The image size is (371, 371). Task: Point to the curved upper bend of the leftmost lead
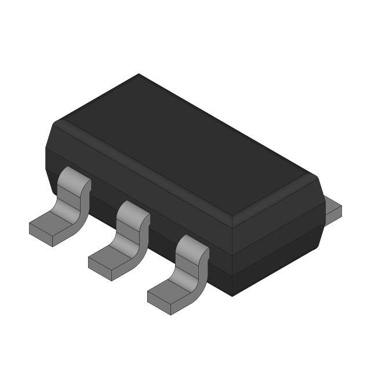pyautogui.click(x=75, y=180)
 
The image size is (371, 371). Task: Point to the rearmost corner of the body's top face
pyautogui.click(x=139, y=75)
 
